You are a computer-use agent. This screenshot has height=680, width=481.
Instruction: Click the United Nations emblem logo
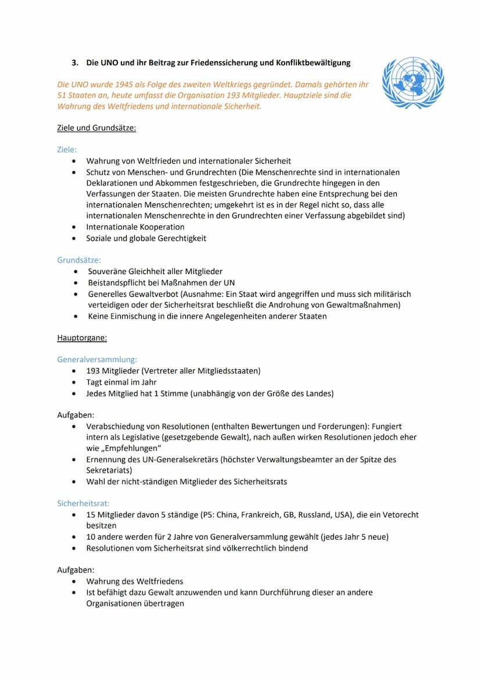[x=413, y=82]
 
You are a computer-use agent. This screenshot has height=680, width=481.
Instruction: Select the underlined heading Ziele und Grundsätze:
[x=96, y=128]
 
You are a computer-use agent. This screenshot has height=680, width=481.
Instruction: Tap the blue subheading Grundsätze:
[x=79, y=260]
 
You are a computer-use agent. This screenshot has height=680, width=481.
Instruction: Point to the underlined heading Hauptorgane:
[x=82, y=337]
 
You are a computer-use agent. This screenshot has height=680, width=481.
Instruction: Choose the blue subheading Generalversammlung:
[x=97, y=359]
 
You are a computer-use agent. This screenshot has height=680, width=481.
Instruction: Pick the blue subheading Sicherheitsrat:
[x=83, y=503]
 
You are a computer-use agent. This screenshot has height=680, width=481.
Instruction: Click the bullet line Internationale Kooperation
[x=135, y=227]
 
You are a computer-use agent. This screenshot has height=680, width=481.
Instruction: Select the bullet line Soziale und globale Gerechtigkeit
[x=146, y=238]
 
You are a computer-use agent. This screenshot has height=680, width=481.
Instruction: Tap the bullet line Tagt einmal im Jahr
[x=121, y=382]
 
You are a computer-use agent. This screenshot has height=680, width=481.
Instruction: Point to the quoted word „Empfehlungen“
[x=131, y=448]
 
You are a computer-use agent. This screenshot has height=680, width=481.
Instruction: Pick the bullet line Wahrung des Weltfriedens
[x=135, y=581]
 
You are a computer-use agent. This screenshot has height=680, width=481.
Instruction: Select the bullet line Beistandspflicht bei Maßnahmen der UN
[x=161, y=282]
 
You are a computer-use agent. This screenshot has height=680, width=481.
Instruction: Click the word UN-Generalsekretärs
[x=165, y=459]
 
